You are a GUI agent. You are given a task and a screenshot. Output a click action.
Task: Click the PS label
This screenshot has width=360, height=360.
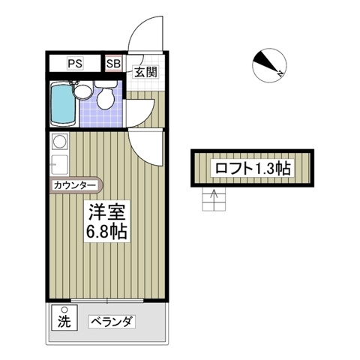click(x=75, y=63)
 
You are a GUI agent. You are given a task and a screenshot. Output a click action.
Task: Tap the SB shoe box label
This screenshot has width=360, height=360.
click(x=112, y=63)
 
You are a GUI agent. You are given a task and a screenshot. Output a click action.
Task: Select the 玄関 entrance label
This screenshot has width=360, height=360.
click(x=145, y=72)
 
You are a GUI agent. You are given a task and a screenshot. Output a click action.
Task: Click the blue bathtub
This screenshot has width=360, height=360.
click(x=62, y=104)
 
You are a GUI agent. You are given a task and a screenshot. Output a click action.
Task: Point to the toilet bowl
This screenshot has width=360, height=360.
click(x=106, y=99)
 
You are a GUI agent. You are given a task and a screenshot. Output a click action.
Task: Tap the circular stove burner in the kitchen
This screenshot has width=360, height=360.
click(x=58, y=141)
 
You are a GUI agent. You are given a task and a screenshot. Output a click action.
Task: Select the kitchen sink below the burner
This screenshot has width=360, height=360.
click(x=58, y=163)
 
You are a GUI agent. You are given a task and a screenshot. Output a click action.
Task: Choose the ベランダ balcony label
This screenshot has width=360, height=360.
click(x=112, y=322)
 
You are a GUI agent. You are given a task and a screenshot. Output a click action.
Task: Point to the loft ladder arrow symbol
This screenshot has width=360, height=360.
click(x=214, y=199)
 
